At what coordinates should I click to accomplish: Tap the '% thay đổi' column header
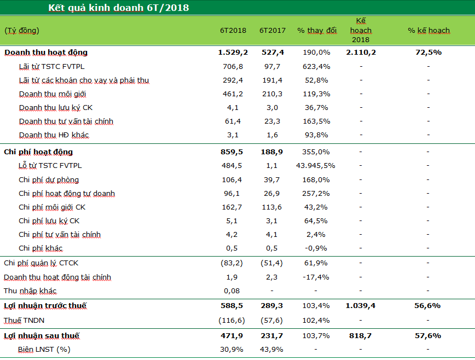click(317, 31)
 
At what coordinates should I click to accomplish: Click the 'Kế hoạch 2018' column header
click(361, 31)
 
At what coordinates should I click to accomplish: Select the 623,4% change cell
click(317, 67)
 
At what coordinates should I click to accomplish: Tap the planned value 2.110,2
click(361, 53)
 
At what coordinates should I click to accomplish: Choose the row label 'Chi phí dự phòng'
click(49, 180)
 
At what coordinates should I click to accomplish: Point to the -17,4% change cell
click(316, 277)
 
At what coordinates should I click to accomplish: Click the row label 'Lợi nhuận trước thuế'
click(45, 306)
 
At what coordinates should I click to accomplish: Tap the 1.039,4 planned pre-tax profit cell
click(361, 306)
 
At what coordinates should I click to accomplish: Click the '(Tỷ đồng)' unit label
click(22, 31)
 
